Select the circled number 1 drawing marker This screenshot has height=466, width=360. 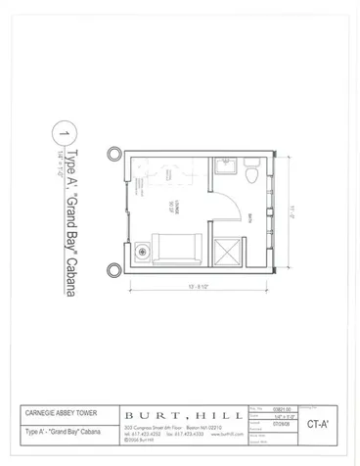65,132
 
